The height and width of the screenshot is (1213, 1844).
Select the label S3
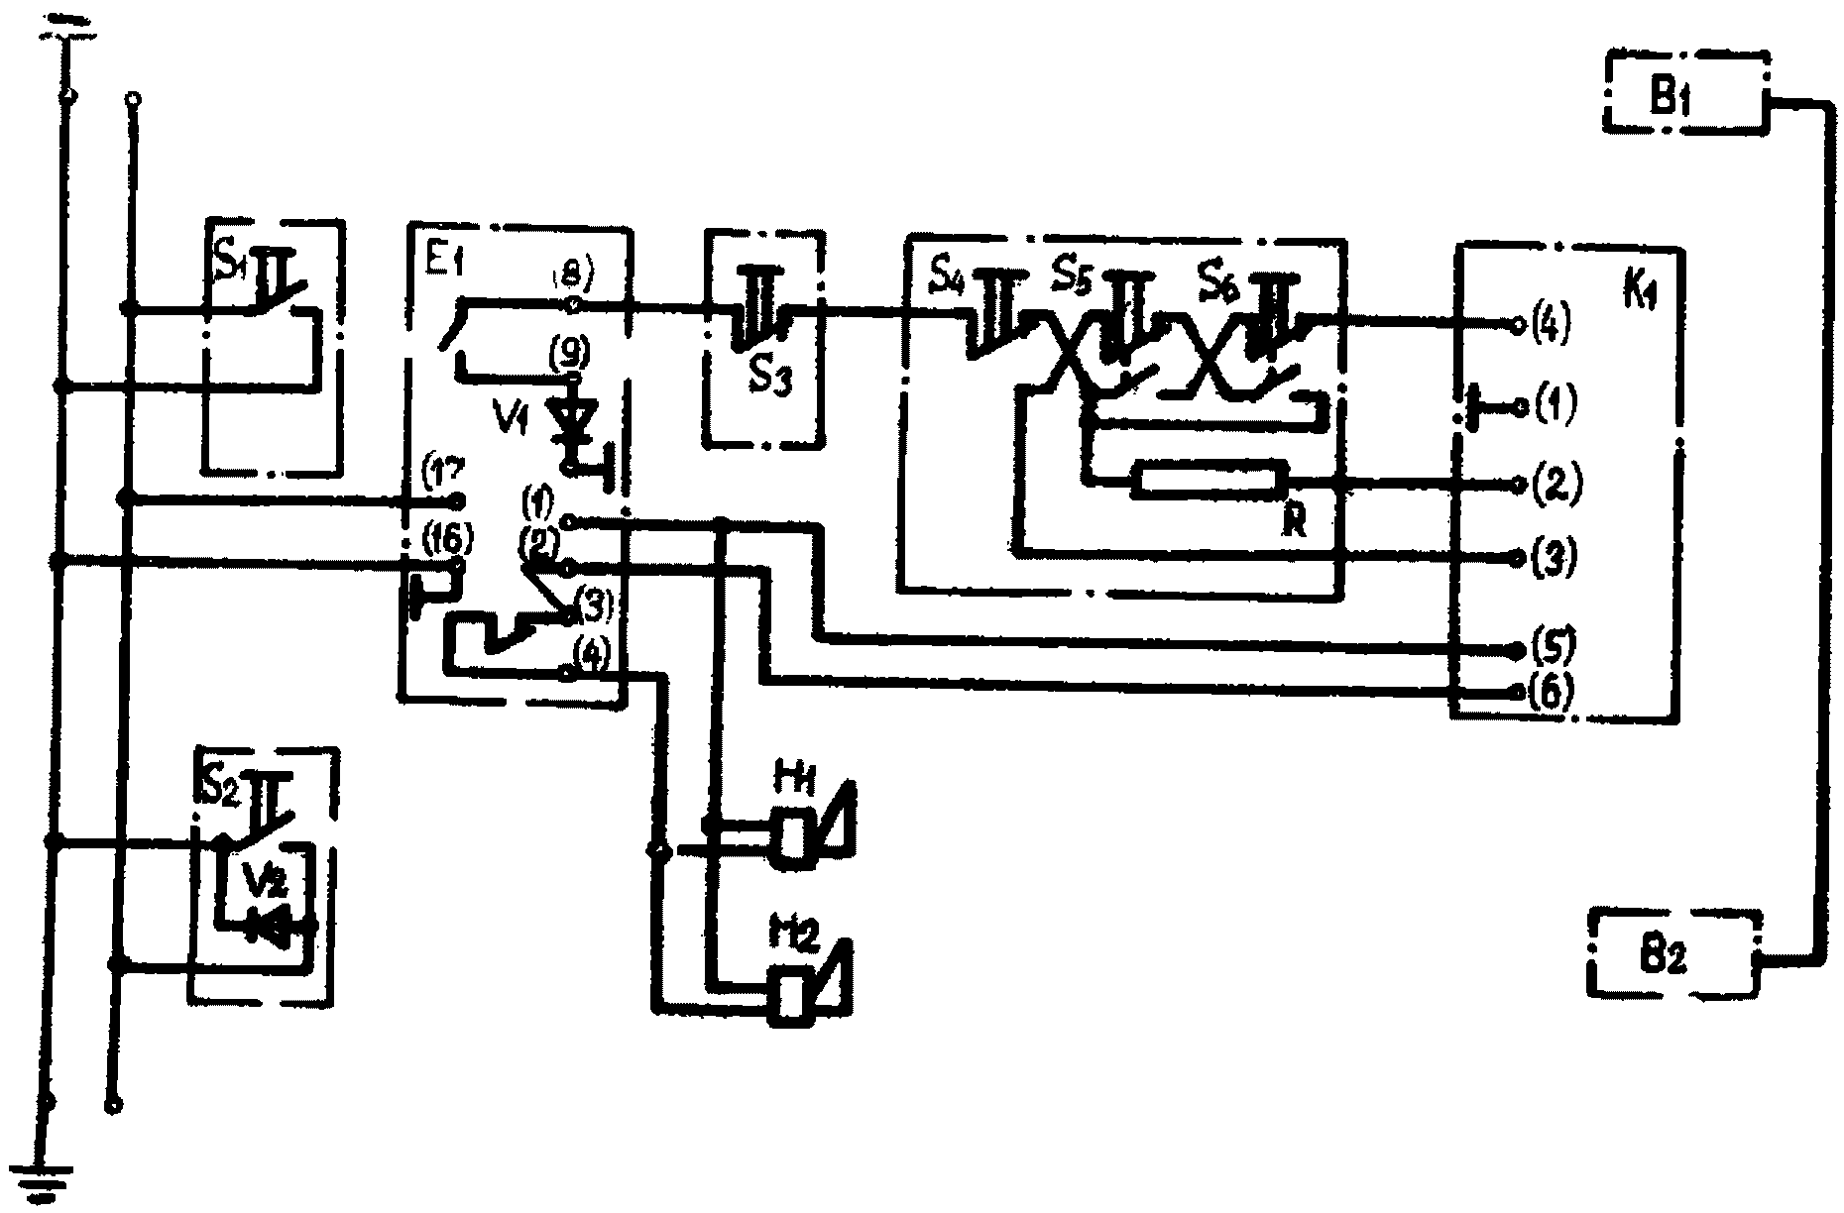[769, 378]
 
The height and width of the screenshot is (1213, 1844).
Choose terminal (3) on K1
[1520, 557]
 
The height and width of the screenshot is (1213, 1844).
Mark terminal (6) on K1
[1520, 692]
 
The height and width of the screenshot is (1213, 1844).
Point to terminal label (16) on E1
[447, 540]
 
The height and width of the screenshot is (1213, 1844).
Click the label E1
[435, 265]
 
